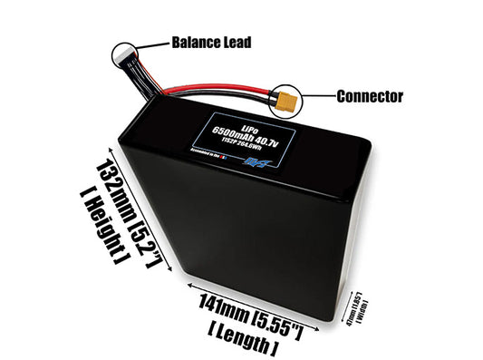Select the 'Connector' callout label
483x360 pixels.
tap(369, 96)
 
